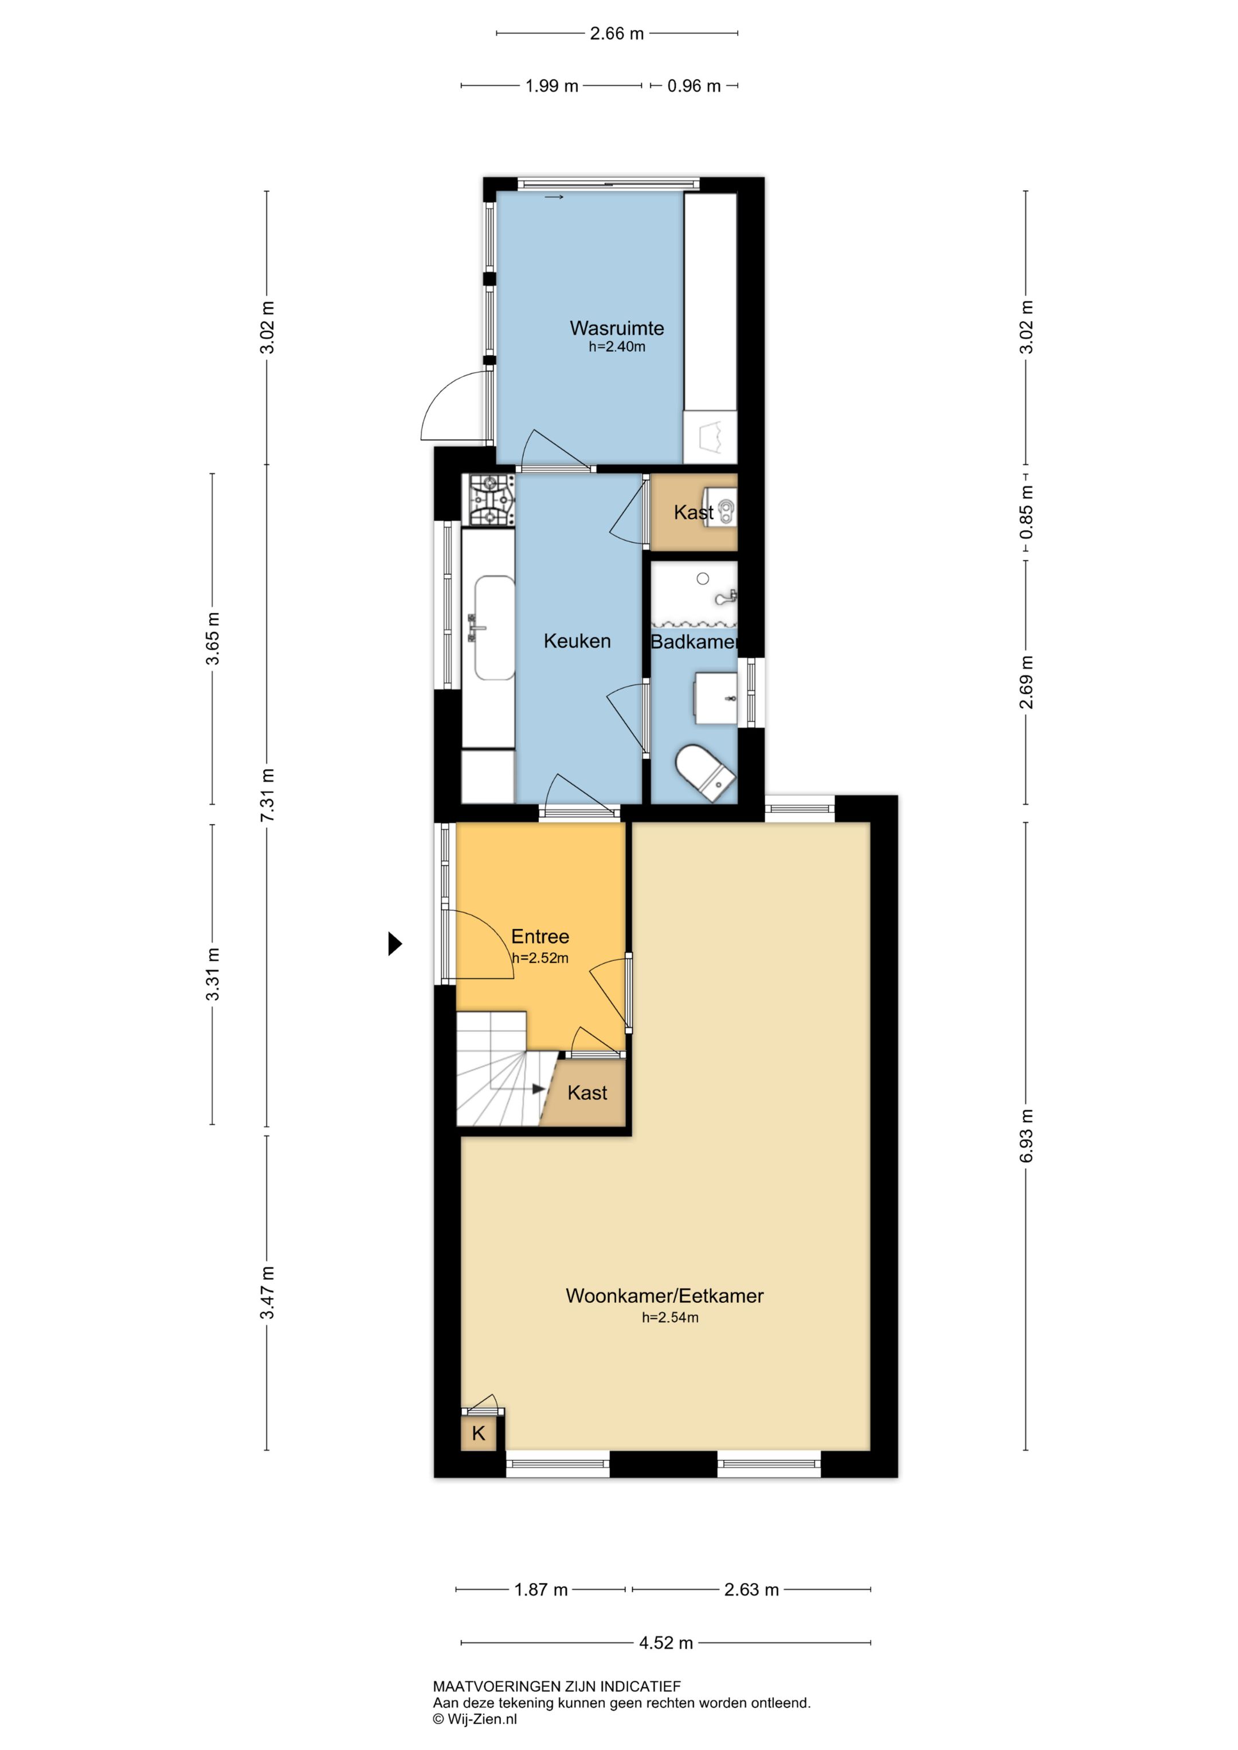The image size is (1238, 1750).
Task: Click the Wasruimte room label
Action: click(617, 328)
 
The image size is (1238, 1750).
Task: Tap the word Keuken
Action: click(577, 640)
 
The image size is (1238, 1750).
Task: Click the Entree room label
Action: click(540, 936)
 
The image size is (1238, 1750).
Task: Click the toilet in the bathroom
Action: click(705, 772)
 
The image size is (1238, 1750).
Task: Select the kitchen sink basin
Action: click(494, 627)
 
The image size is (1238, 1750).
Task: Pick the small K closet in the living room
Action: click(479, 1434)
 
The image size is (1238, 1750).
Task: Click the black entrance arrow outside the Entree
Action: click(395, 943)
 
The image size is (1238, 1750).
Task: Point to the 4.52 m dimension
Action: click(665, 1643)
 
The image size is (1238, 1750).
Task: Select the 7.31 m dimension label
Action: click(267, 795)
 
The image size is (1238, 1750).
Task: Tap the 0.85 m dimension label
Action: click(1026, 512)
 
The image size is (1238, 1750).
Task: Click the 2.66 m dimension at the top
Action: click(617, 34)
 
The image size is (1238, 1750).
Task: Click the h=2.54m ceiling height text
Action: click(670, 1317)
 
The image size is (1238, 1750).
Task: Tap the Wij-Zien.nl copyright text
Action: click(475, 1718)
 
